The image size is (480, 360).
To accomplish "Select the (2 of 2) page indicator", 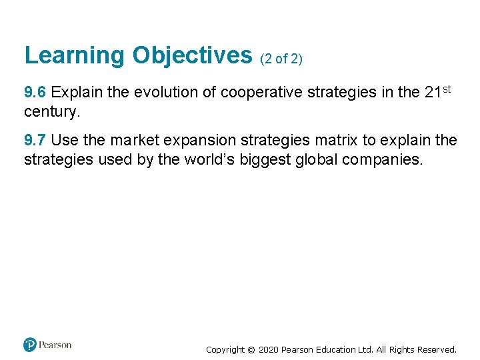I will click(281, 59).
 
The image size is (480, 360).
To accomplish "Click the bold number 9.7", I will click(36, 141).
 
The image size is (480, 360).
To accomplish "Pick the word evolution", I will click(166, 93).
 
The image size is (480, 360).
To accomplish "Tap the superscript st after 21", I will click(446, 89).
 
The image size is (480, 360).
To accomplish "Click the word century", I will click(51, 111).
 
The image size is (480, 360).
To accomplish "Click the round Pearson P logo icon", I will click(30, 345).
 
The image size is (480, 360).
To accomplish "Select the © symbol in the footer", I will click(251, 349).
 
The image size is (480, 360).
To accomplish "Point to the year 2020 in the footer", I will click(270, 349).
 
